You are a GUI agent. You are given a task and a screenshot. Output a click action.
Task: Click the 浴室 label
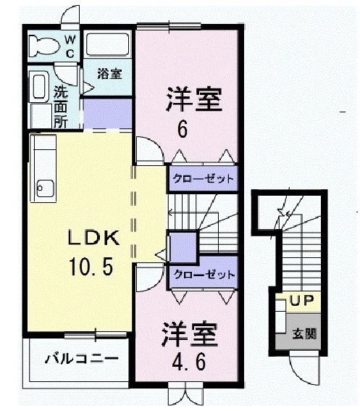click(110, 73)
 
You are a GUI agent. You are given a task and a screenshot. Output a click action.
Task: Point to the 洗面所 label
click(62, 106)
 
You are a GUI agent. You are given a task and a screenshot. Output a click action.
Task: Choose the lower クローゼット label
click(203, 275)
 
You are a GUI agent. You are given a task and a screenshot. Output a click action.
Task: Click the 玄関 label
click(304, 334)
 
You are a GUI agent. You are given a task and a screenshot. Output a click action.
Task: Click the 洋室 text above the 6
click(193, 99)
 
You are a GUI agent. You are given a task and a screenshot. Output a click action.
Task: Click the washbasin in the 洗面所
click(41, 86)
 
